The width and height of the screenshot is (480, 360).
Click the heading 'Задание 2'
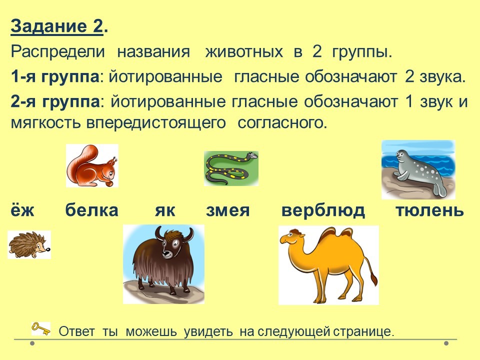click(x=57, y=26)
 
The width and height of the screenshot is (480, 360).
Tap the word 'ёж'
click(x=22, y=210)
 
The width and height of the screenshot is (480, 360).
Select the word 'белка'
click(x=91, y=210)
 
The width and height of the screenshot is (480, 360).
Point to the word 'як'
click(x=164, y=210)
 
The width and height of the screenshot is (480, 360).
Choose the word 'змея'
click(x=228, y=210)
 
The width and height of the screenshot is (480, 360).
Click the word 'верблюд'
click(x=323, y=210)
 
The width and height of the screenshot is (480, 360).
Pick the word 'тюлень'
click(x=430, y=210)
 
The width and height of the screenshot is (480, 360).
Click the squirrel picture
click(x=92, y=165)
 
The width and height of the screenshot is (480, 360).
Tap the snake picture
click(x=231, y=168)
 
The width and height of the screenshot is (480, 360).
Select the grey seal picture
click(x=418, y=169)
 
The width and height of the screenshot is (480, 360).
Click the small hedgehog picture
click(x=29, y=244)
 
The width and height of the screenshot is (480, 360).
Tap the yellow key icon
click(x=41, y=329)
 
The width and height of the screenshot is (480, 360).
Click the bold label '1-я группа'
click(x=55, y=76)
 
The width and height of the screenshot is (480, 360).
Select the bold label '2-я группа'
click(x=55, y=101)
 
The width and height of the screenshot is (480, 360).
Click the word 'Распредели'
click(x=57, y=52)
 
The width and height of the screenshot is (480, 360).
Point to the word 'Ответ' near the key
click(x=76, y=331)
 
